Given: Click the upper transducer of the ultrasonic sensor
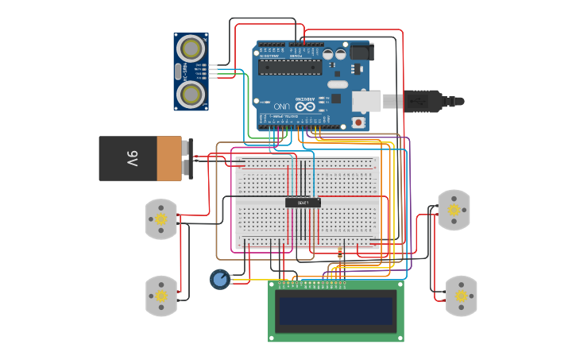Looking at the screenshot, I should click(x=191, y=48).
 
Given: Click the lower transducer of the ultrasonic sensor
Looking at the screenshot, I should click(x=191, y=95).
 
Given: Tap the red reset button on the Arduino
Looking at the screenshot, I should click(x=358, y=122).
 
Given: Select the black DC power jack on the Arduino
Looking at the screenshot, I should click(x=361, y=52).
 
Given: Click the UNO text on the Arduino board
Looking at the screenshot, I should click(x=282, y=105).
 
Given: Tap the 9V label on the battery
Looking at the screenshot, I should click(x=132, y=158).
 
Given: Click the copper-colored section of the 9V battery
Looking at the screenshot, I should click(x=168, y=158).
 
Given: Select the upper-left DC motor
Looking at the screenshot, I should click(x=161, y=219).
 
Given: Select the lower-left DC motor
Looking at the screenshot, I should click(x=161, y=296).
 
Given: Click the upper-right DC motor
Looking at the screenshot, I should click(x=454, y=210).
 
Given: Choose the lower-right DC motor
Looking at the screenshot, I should click(x=461, y=296).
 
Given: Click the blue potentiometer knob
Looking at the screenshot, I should click(x=219, y=279).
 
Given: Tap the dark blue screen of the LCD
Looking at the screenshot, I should click(x=335, y=311).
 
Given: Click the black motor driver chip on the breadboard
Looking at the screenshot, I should click(x=303, y=203).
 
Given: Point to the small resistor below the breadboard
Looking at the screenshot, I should click(x=340, y=254).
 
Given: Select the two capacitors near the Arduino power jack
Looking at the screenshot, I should click(x=334, y=54).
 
